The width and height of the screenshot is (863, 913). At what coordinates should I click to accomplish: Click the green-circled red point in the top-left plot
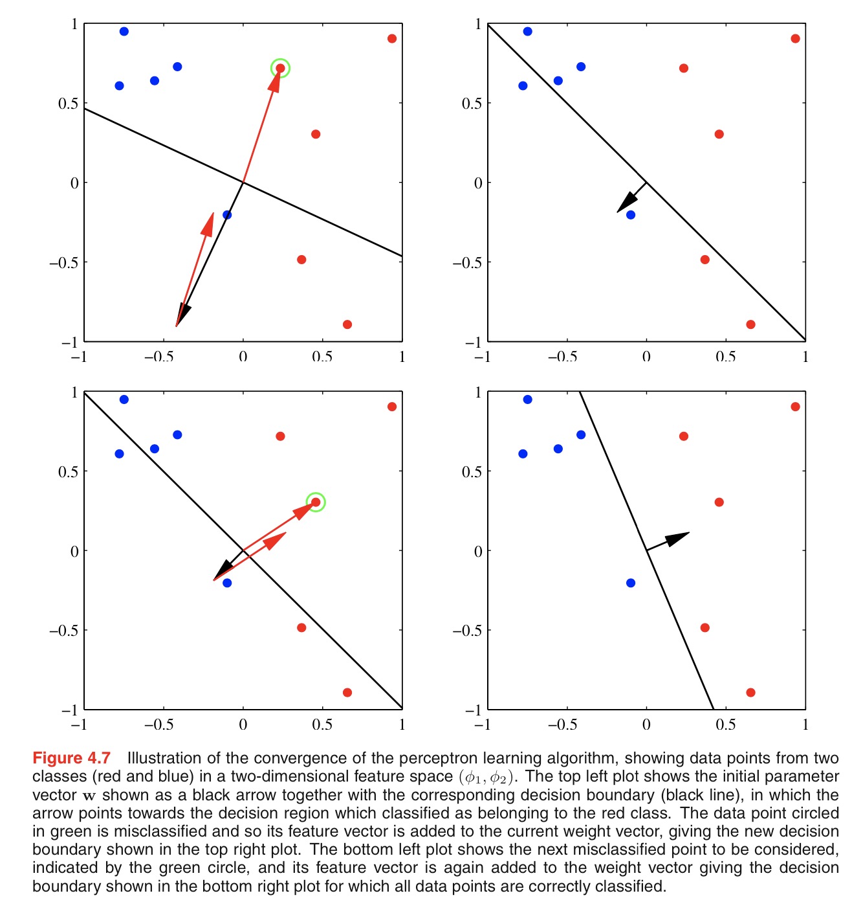280,68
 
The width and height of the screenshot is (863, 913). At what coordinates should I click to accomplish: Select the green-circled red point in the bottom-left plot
316,502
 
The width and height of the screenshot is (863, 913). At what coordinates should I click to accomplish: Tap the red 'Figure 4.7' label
71,758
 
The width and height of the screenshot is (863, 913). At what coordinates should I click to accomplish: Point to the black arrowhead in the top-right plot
624,203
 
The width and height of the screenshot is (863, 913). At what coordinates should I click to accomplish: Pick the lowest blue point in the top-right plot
631,214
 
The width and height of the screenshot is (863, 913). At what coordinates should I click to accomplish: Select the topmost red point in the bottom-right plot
795,407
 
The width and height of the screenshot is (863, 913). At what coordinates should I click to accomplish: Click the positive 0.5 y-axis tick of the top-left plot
68,103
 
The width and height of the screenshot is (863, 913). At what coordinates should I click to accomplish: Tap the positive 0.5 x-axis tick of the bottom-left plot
322,724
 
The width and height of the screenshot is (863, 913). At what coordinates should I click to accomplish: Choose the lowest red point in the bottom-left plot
347,692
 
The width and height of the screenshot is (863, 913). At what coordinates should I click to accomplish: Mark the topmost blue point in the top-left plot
124,31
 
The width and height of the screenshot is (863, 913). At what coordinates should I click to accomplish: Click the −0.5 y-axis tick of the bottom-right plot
467,630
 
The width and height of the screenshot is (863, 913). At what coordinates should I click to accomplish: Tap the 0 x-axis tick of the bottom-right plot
646,724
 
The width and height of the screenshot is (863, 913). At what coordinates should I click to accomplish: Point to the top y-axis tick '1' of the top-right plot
478,24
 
